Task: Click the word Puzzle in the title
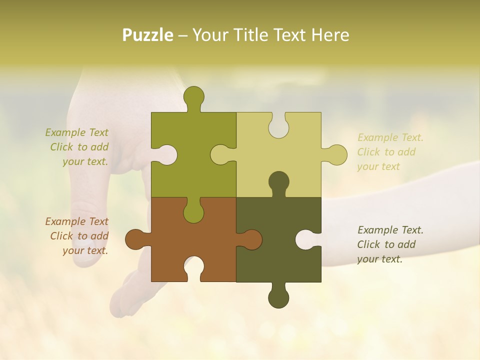147,35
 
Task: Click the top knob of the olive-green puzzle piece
193,97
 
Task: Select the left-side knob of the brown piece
136,239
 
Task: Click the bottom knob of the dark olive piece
278,296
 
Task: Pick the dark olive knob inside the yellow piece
278,183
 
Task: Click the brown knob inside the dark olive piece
250,239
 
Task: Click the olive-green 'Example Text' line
76,132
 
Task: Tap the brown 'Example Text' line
76,221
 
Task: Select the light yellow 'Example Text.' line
390,137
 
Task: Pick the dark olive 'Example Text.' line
390,230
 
